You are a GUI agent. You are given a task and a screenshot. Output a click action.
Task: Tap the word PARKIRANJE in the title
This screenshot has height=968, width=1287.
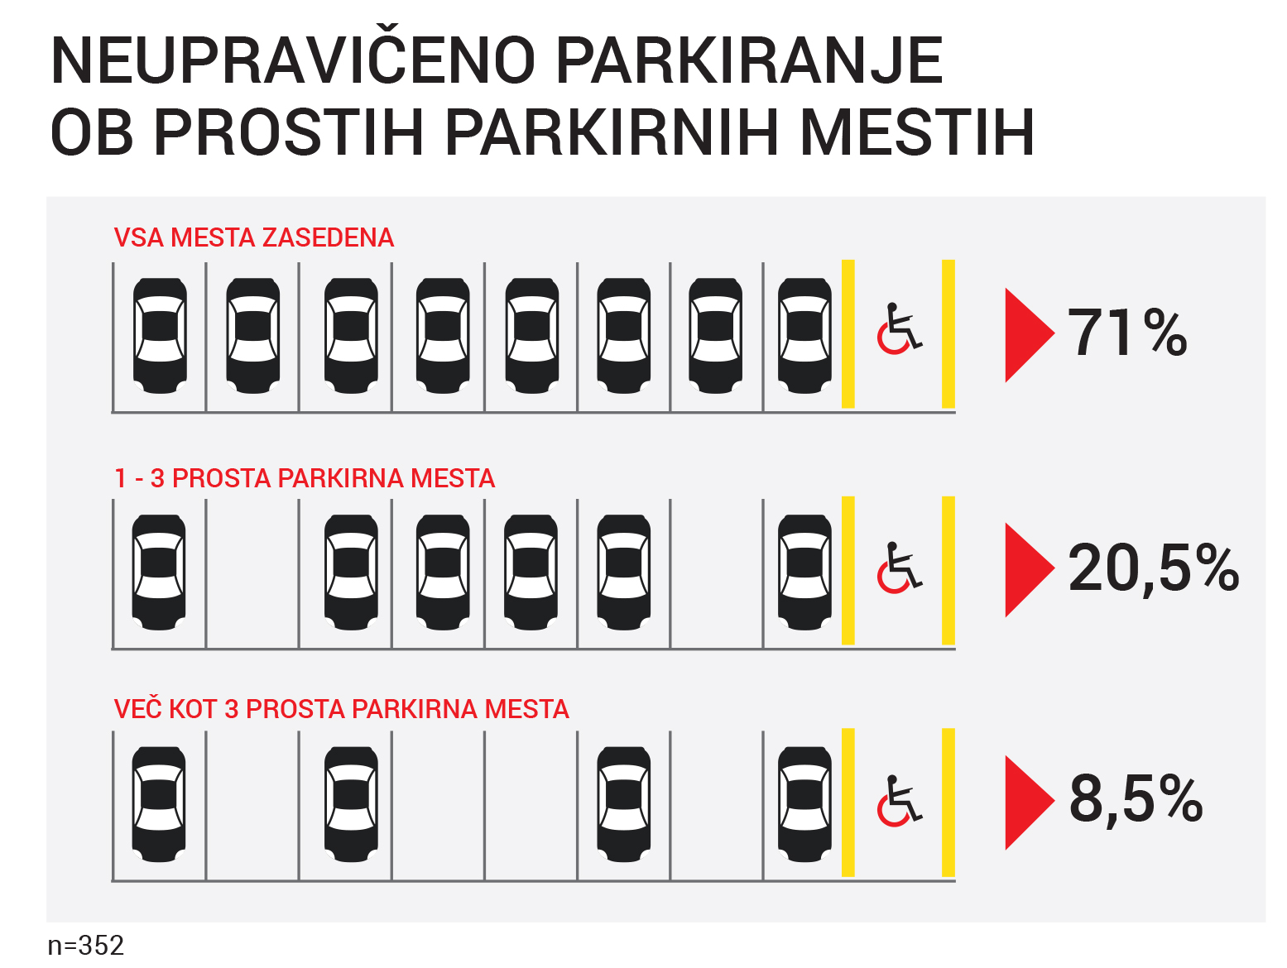point(750,60)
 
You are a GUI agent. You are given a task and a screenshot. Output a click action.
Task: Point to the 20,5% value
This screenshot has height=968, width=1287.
point(1153,568)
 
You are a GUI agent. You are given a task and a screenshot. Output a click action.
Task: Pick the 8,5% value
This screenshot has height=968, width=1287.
point(1136,799)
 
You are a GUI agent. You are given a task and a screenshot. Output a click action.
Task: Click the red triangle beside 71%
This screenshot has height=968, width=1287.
point(1029,335)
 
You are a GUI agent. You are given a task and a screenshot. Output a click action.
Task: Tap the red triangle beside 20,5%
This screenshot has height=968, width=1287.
point(1029,570)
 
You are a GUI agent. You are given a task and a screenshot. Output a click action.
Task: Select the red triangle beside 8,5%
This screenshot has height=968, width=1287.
point(1029,803)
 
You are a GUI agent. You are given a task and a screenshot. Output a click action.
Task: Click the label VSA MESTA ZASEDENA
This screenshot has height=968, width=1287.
point(254,238)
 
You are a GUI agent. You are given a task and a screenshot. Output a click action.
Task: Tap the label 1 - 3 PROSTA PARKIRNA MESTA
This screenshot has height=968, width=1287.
point(305,478)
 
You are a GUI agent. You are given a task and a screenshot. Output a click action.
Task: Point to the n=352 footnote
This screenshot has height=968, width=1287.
point(85,945)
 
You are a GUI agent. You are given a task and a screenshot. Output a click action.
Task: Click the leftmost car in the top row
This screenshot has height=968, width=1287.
point(160,335)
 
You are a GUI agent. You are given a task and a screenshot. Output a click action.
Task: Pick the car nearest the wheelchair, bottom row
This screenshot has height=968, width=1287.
point(804,804)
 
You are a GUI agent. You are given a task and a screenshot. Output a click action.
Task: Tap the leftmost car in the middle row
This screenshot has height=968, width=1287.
point(159,573)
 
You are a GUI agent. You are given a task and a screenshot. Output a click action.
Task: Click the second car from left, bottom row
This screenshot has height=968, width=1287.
point(351,804)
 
